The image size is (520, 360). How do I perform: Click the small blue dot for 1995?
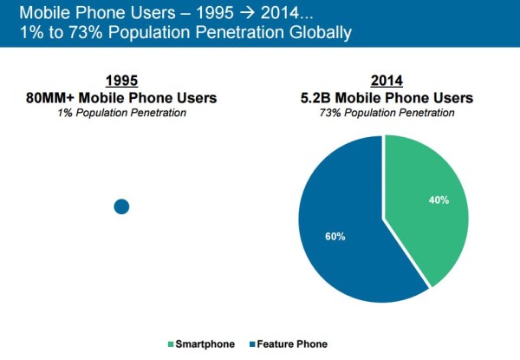(121, 206)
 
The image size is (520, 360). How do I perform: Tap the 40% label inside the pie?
(439, 200)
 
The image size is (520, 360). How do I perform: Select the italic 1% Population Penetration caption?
(122, 114)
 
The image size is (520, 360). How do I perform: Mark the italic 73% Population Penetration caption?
(384, 114)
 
